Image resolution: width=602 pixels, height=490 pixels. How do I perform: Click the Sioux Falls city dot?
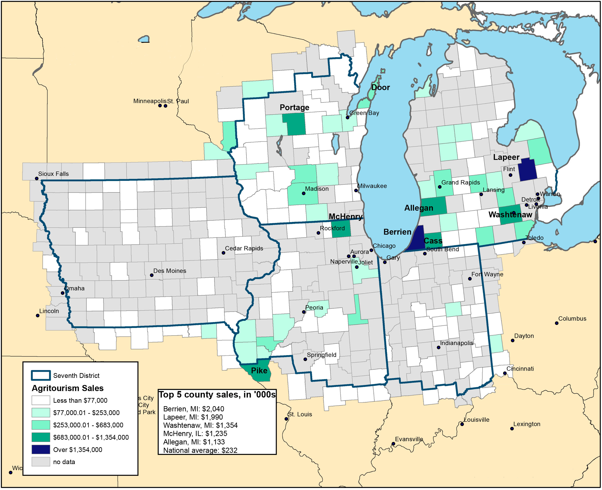click(37, 178)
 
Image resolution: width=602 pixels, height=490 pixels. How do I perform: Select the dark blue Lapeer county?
click(527, 169)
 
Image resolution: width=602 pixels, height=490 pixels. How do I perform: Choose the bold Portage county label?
click(294, 108)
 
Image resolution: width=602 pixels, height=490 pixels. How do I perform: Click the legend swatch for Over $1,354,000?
click(41, 450)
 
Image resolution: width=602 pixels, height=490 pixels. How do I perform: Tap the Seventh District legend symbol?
click(41, 375)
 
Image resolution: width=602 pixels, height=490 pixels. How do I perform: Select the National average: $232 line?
click(200, 450)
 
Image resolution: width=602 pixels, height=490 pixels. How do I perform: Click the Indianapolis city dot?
click(438, 347)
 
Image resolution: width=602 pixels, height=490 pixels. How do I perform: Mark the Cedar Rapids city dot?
click(223, 253)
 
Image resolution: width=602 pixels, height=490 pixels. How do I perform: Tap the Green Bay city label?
click(364, 113)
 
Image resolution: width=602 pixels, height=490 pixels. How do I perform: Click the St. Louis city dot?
click(286, 419)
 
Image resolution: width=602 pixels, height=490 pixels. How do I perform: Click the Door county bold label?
click(380, 87)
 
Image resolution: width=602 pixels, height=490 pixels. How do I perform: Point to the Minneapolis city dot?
click(160, 106)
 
